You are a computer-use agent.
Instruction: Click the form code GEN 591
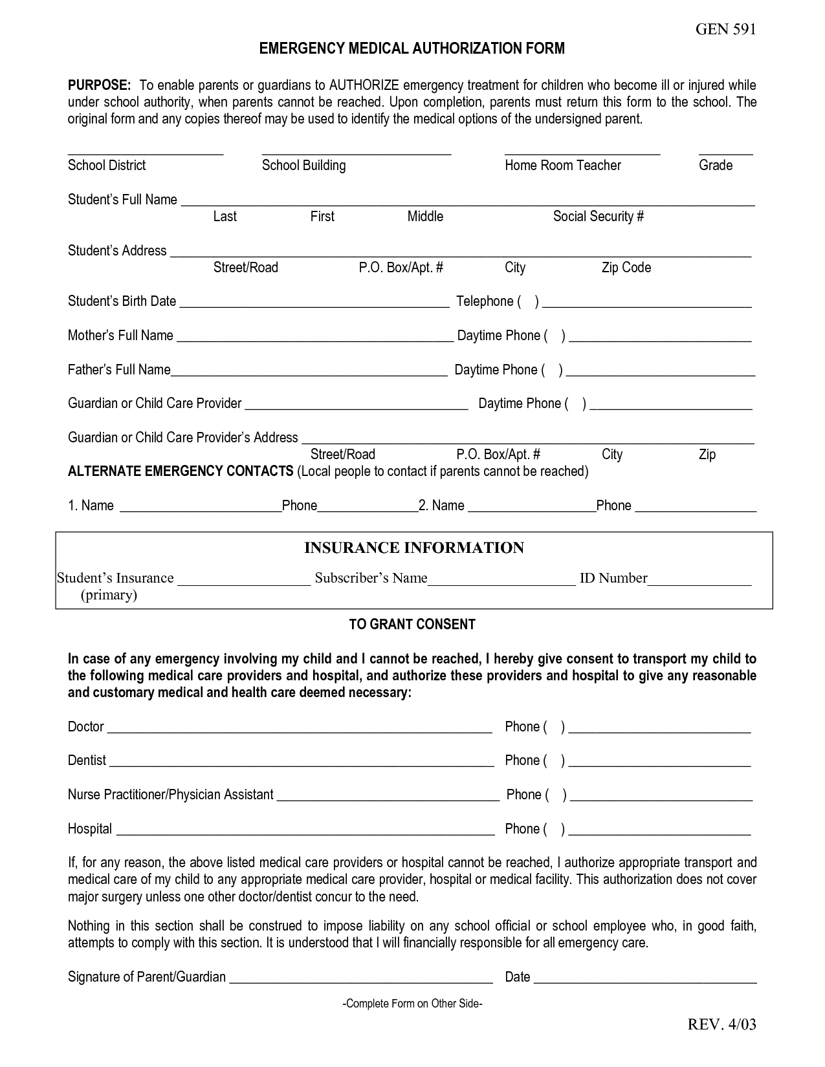[725, 29]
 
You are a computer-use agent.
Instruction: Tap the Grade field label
[715, 166]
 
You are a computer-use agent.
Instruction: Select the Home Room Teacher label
[562, 166]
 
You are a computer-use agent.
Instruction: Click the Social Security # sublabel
[598, 217]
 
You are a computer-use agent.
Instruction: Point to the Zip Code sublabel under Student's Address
[626, 268]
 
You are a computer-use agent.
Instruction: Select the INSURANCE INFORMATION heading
[414, 548]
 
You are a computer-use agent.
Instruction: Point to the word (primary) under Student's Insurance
[109, 595]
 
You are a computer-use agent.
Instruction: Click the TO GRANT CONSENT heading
[412, 625]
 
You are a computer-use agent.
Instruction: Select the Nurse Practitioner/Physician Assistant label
[170, 795]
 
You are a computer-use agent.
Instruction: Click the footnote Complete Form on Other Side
[412, 1004]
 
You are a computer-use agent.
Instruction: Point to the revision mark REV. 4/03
[721, 1024]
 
